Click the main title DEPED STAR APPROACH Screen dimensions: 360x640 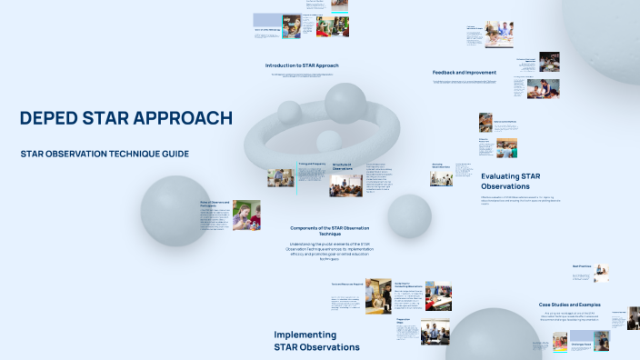[x=125, y=118]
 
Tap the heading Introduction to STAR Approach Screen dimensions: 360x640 [x=302, y=65]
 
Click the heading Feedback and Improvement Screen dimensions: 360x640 [x=464, y=72]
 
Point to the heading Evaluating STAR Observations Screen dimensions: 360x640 [x=511, y=181]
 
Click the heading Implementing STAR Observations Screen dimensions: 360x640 [x=316, y=341]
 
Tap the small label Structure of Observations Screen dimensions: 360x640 [x=342, y=166]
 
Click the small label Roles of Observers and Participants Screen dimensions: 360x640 [x=215, y=204]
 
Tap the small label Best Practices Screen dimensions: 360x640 [x=583, y=265]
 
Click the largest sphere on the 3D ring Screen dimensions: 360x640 [x=345, y=103]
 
